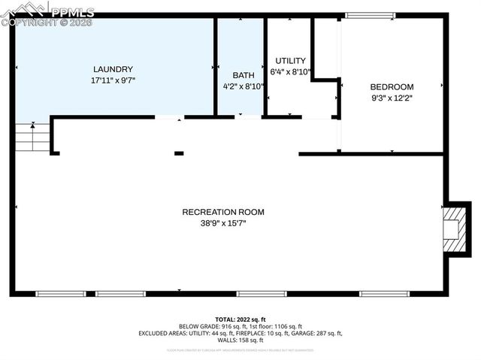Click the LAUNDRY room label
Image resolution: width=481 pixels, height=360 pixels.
pyautogui.click(x=113, y=68)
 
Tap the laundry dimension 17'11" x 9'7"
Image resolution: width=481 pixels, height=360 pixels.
pyautogui.click(x=113, y=79)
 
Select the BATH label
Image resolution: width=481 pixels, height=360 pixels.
pyautogui.click(x=243, y=75)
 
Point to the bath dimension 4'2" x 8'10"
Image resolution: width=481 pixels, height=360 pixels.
pyautogui.click(x=244, y=86)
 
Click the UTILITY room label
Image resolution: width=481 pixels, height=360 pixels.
pyautogui.click(x=290, y=61)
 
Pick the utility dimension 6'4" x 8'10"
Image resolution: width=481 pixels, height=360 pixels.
pyautogui.click(x=290, y=72)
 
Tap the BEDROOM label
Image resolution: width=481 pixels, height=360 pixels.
pyautogui.click(x=392, y=86)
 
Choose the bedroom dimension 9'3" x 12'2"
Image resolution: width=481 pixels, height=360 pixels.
pyautogui.click(x=392, y=97)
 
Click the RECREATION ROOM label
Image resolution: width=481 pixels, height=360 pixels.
pyautogui.click(x=223, y=212)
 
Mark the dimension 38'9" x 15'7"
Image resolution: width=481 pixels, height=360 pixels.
pyautogui.click(x=223, y=223)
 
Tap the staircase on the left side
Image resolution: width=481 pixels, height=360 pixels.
pyautogui.click(x=31, y=137)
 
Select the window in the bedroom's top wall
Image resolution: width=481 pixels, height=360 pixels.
pyautogui.click(x=369, y=15)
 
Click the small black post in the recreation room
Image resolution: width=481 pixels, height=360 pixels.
pyautogui.click(x=179, y=153)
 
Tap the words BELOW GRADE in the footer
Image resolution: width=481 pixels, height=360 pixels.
pyautogui.click(x=197, y=327)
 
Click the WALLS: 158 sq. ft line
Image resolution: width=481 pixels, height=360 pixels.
pyautogui.click(x=240, y=340)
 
